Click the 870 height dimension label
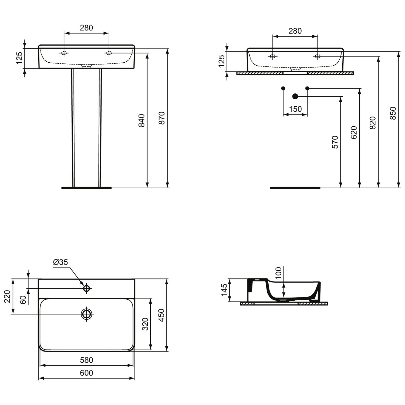[x=161, y=118]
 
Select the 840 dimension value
[x=141, y=120]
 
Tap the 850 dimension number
[x=393, y=113]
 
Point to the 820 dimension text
[x=373, y=123]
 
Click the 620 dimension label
[x=354, y=132]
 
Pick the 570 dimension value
[x=335, y=142]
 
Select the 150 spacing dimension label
[x=295, y=109]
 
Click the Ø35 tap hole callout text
[x=60, y=262]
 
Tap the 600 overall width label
[x=86, y=373]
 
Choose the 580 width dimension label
[x=86, y=360]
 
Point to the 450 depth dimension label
[x=161, y=315]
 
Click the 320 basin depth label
[x=145, y=324]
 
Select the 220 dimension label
[x=7, y=296]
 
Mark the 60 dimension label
[x=23, y=300]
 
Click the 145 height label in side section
[x=224, y=290]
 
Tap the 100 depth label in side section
[x=278, y=273]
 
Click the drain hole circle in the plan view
[x=86, y=314]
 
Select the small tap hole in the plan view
[x=86, y=288]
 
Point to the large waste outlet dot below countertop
[x=295, y=96]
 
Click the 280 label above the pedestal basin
[x=86, y=28]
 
